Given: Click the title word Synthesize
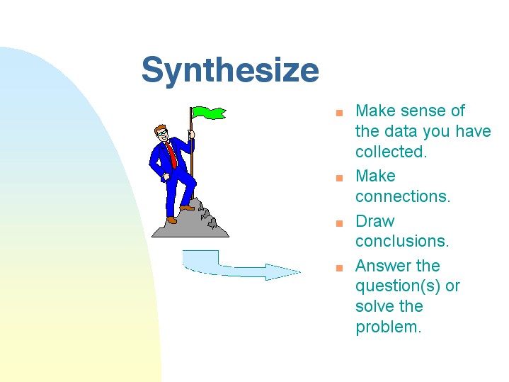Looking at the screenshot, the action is tap(230, 71).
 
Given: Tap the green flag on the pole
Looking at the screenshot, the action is tap(209, 113).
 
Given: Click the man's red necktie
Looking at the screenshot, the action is tap(172, 155).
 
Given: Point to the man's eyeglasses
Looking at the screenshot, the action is tap(162, 133).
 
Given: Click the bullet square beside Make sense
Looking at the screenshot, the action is tap(339, 113).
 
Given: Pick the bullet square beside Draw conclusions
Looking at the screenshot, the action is tap(339, 223).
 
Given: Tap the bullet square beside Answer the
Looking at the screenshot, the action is tap(339, 268).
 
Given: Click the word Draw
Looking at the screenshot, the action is tap(375, 221).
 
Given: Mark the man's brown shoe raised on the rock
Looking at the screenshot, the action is tap(188, 208).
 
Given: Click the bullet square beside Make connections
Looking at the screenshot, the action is tap(339, 178).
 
